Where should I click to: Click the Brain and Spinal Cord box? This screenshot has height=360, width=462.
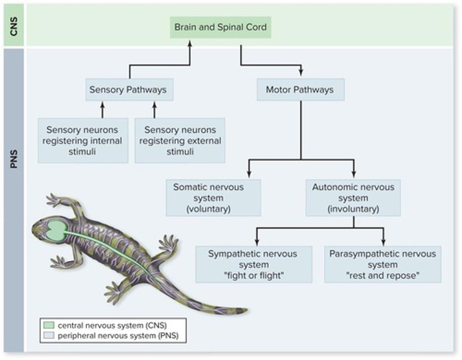click(220, 27)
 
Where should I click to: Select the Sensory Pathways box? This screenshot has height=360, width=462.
click(129, 90)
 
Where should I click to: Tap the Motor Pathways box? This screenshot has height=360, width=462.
click(300, 90)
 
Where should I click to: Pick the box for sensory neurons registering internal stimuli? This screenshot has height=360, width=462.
click(83, 141)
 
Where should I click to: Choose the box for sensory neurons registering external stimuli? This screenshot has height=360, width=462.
click(180, 141)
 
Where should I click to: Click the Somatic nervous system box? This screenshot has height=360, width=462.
click(213, 198)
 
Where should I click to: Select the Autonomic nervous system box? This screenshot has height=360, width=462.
click(353, 198)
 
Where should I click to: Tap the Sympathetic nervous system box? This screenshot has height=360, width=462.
click(253, 264)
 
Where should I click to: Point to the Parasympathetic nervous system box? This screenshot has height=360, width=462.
click(382, 264)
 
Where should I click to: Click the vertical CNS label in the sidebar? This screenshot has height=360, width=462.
click(13, 26)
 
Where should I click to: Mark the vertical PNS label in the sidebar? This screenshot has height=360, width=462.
click(13, 159)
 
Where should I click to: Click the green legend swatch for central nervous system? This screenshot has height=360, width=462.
click(49, 325)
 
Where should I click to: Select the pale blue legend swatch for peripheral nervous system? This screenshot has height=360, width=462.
click(49, 336)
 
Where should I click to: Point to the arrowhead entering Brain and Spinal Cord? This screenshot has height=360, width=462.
click(190, 43)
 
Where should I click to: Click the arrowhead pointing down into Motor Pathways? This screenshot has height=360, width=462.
click(301, 72)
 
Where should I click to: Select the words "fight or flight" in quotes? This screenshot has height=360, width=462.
click(253, 275)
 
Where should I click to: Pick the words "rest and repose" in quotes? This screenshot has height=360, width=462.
click(382, 275)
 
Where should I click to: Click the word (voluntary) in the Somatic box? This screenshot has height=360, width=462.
click(209, 209)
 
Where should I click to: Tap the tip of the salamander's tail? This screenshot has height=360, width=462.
click(246, 310)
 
